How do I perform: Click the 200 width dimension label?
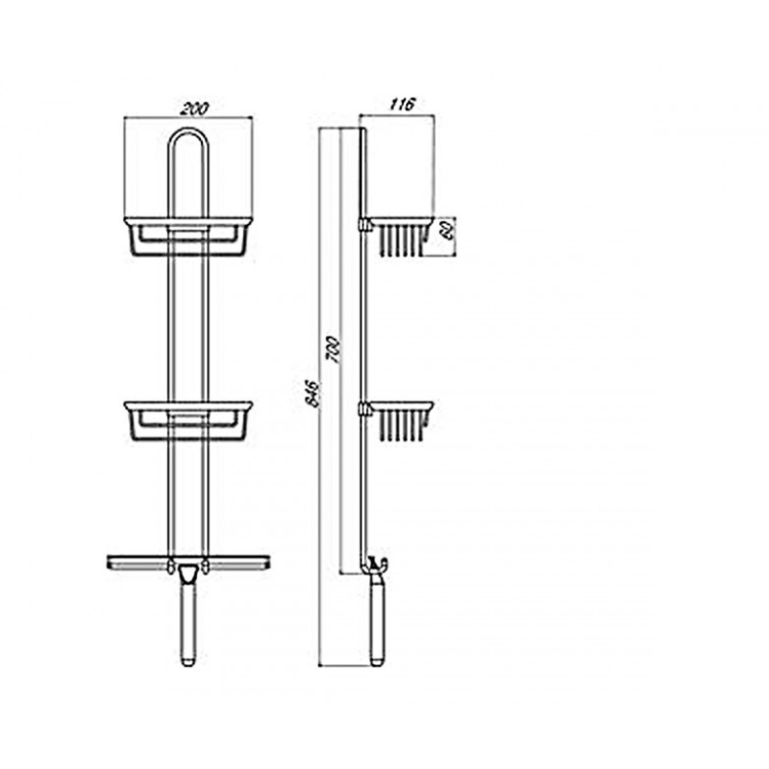(x=194, y=109)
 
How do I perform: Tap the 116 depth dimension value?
(x=403, y=104)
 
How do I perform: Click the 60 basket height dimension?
(x=447, y=229)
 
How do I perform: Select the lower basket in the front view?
(x=188, y=421)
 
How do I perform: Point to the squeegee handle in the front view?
(x=187, y=621)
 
